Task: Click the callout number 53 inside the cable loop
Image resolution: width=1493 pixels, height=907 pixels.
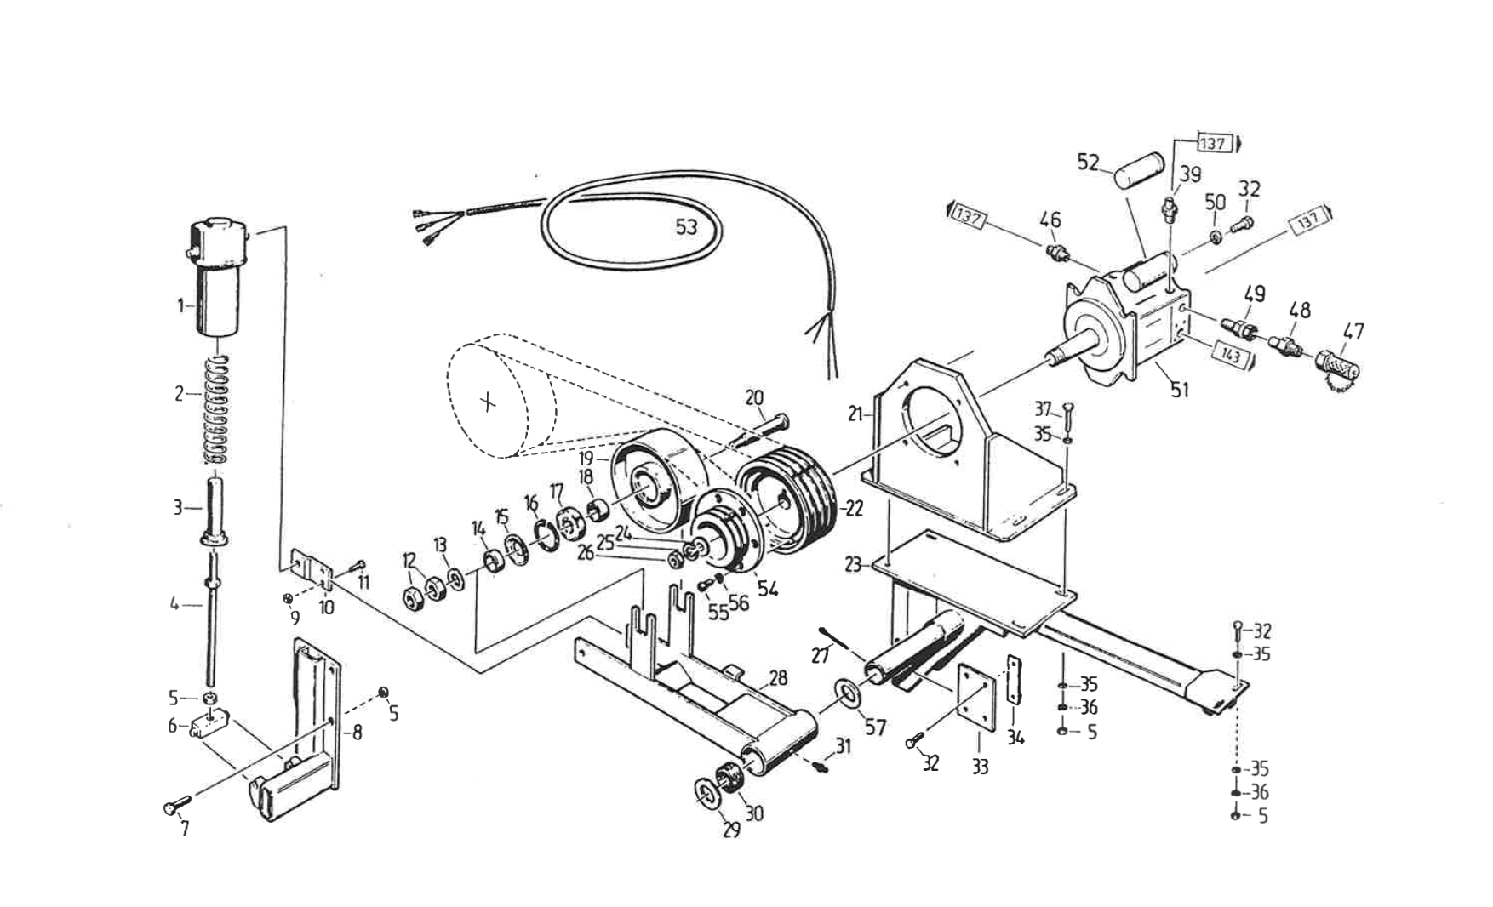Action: coord(686,226)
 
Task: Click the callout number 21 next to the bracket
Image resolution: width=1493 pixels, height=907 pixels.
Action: coord(855,414)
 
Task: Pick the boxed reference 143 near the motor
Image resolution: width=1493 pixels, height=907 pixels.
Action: coord(1230,355)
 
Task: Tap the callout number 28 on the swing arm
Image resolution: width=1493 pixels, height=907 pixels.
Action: coord(778,678)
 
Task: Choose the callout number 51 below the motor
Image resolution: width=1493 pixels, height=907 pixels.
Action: coord(1179,390)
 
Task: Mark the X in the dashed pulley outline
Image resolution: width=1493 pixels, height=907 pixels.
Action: coord(488,402)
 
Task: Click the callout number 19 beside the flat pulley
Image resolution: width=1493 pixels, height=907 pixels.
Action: coord(586,458)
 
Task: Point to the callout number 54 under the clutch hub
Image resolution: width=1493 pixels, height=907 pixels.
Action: coord(767,588)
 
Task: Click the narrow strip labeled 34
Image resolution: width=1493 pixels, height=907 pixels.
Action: coord(1014,679)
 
